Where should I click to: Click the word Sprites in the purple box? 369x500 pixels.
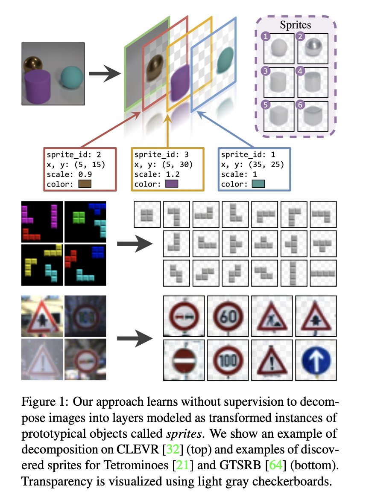[x=296, y=25]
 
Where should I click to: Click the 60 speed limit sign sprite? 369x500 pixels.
[x=227, y=316]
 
